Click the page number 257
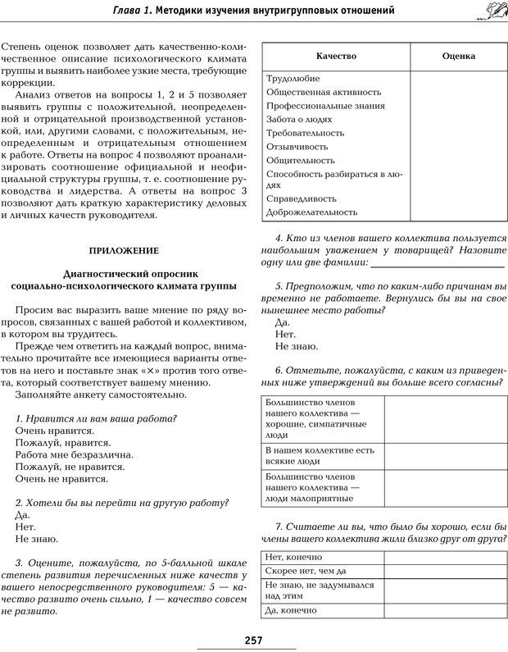(253, 641)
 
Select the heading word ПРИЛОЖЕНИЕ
(124, 249)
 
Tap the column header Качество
(335, 55)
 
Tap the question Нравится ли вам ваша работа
(96, 418)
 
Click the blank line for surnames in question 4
(437, 262)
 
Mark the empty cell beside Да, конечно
(445, 610)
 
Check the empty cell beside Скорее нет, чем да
(445, 571)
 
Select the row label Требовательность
(304, 132)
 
